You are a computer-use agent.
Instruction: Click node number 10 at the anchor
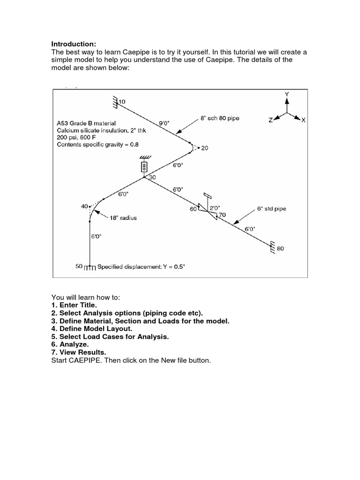123,101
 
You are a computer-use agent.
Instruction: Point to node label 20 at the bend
204,148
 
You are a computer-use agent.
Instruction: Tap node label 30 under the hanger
152,178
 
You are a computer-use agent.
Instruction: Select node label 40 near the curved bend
84,206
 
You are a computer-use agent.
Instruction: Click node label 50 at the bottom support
79,266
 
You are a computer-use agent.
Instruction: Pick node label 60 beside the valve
193,209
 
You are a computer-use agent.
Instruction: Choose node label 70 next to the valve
222,215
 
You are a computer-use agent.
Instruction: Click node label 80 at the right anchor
280,248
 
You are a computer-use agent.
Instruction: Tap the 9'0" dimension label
164,123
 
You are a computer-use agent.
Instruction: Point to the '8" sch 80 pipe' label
220,118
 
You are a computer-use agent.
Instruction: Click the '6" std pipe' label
272,208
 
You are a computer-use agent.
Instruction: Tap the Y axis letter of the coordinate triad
287,94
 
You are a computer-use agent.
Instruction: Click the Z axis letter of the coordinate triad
270,120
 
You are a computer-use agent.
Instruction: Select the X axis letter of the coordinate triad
303,120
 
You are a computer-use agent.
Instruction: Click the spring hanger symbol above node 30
144,166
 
